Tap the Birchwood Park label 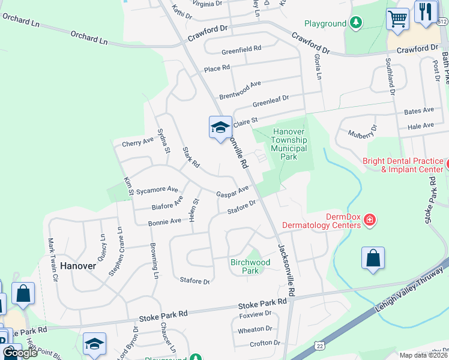point(250,266)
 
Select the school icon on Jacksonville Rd point(220,127)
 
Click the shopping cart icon point(397,19)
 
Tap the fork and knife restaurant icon point(426,12)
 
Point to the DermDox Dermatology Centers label point(342,220)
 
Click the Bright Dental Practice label point(403,165)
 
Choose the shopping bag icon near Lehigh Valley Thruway point(373,259)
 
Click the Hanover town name point(77,265)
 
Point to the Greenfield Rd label point(241,48)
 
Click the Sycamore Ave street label point(157,190)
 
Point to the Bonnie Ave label point(164,221)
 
